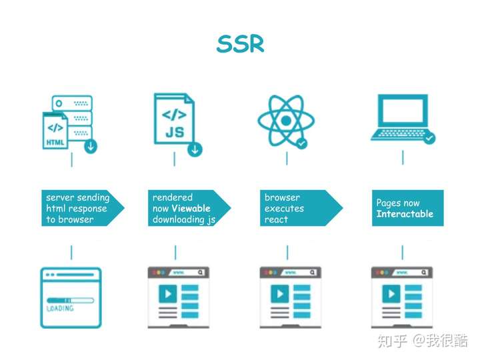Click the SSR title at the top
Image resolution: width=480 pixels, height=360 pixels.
point(240,43)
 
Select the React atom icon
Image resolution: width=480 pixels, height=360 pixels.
point(285,121)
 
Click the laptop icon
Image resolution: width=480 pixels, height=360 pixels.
point(401,117)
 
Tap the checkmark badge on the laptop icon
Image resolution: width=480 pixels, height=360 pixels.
point(429,139)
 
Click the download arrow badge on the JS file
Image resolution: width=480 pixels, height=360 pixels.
point(195,149)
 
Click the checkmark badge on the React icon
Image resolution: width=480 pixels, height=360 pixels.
point(301,143)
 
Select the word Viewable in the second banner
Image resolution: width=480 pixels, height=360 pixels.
point(191,209)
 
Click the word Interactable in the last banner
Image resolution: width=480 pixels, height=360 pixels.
point(405,214)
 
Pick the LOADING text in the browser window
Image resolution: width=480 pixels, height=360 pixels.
point(60,309)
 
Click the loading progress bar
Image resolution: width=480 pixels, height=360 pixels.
point(69,299)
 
